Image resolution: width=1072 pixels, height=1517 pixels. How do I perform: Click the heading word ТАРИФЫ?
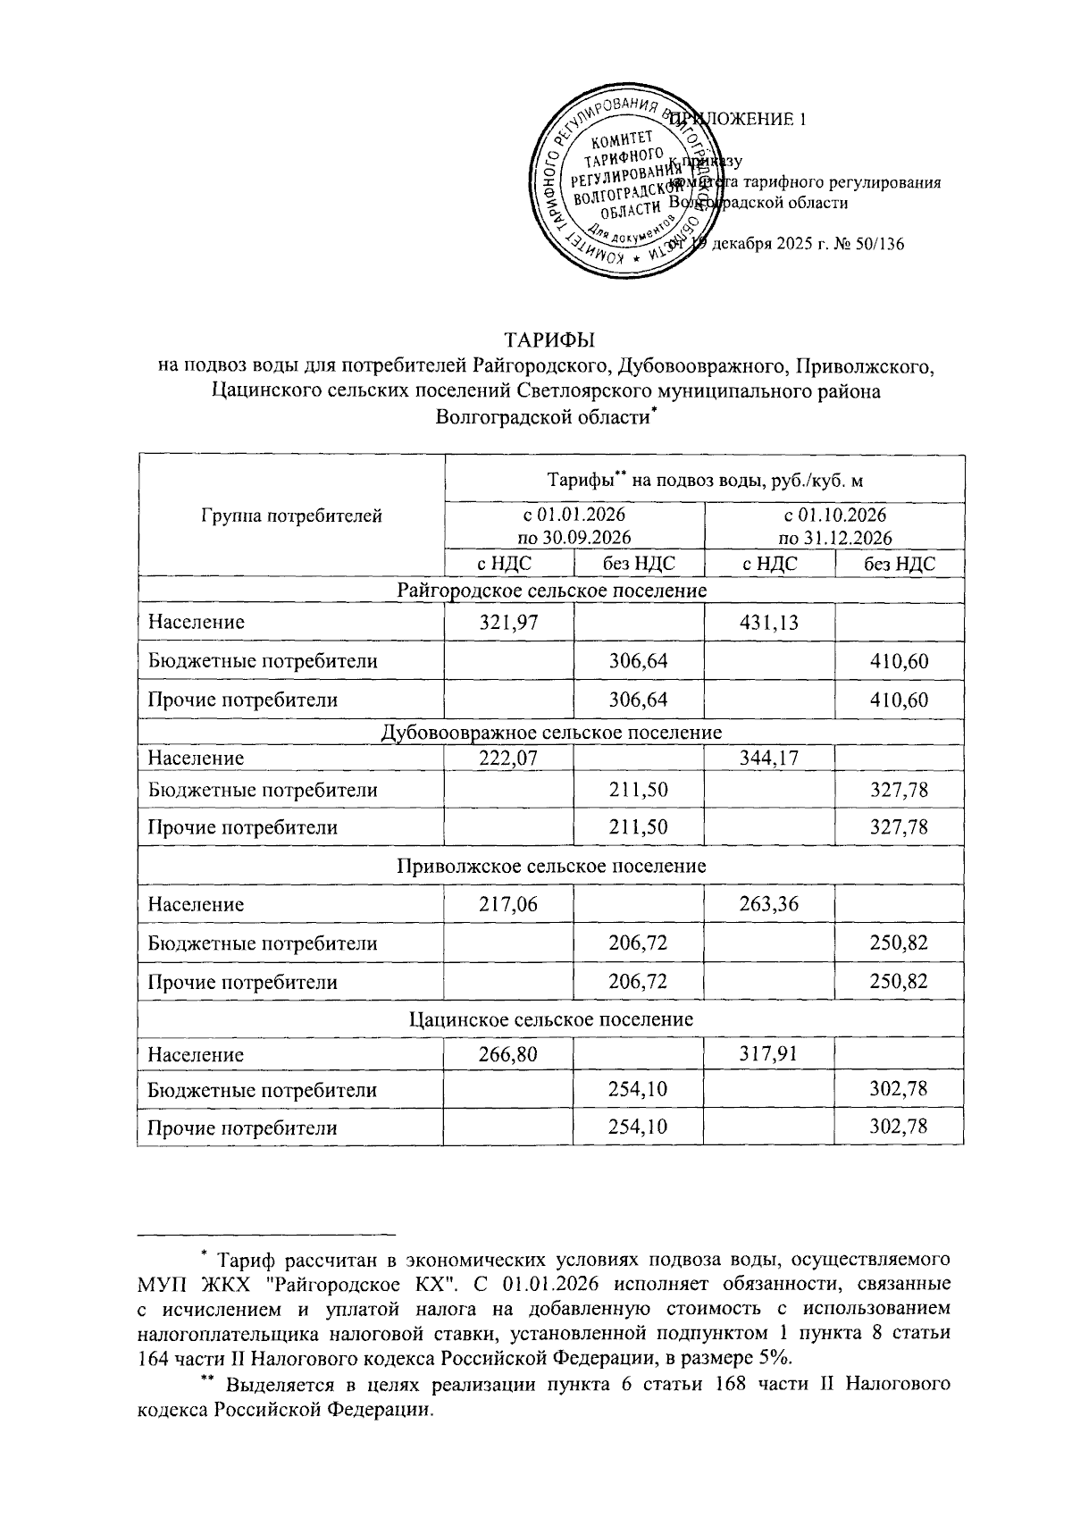pos(550,340)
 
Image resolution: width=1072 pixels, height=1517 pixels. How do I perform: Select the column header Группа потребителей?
pos(291,515)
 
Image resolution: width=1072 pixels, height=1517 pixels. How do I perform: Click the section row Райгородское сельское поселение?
pos(551,591)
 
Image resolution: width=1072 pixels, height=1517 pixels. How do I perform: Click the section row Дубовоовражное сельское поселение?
pos(551,733)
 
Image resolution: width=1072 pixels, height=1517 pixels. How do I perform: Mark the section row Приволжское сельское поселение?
pos(551,866)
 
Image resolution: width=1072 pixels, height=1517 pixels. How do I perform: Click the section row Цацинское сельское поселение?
pos(551,1019)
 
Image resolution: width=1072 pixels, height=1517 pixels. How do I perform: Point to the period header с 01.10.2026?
pos(834,515)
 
